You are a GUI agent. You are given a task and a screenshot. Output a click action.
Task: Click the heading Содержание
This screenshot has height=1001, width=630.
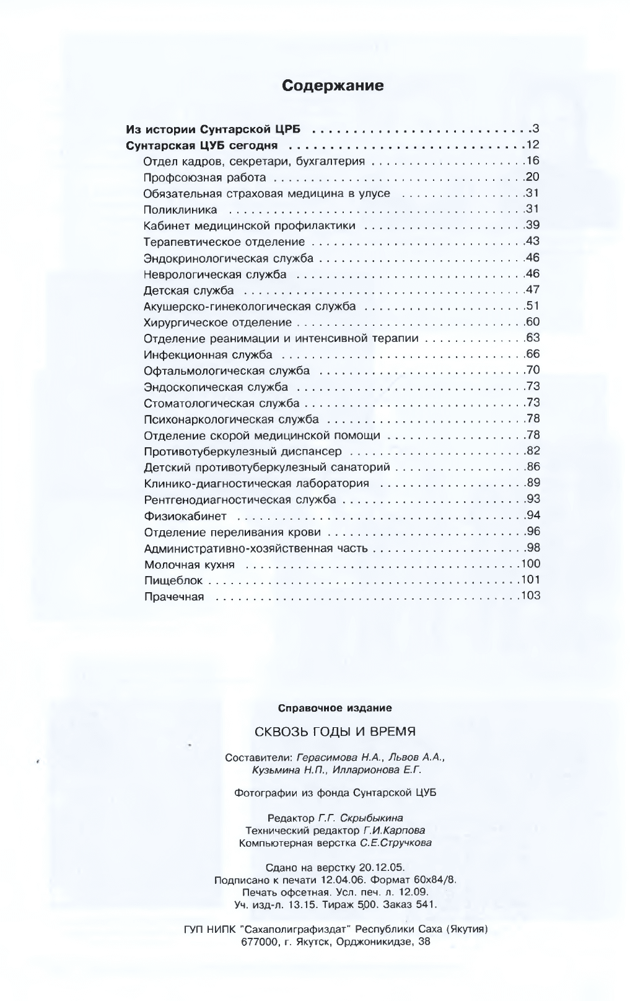point(333,86)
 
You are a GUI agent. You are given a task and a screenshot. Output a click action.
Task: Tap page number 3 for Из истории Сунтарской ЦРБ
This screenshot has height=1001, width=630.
point(536,129)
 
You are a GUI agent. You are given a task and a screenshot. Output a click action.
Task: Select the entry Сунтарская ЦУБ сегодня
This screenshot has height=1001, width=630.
point(201,146)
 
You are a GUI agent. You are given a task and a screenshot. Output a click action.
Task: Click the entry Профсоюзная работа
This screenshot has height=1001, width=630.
point(204,178)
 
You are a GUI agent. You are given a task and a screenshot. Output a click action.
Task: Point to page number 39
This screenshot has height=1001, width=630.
point(532,225)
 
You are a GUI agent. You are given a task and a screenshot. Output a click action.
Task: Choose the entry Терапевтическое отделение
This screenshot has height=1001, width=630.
point(224,242)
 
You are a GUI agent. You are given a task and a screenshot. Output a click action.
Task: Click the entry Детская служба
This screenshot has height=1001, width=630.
point(188,291)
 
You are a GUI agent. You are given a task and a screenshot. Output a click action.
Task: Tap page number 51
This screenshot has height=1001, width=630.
point(532,305)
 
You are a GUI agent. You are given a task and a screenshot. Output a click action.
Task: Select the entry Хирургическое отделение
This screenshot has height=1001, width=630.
point(217,323)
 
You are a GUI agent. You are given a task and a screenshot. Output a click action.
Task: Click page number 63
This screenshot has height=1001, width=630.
point(532,338)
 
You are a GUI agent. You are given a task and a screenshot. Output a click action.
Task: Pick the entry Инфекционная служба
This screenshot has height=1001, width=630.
point(208,355)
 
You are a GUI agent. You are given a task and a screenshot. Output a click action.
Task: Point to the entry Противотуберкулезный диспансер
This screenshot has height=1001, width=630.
point(242,452)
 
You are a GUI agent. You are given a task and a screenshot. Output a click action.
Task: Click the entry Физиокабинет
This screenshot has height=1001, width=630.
point(185,516)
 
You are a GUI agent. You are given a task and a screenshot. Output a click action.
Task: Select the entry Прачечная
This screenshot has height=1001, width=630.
point(173,597)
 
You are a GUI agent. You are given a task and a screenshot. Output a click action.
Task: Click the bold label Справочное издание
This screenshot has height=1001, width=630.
point(335,707)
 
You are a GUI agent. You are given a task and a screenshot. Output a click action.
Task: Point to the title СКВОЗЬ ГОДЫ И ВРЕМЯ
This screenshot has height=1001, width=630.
point(335,732)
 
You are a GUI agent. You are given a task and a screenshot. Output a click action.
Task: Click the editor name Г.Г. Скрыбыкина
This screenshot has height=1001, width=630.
point(360,818)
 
